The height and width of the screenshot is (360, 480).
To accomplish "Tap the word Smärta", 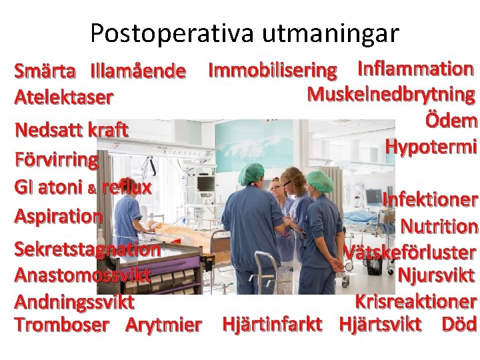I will tap(45, 70).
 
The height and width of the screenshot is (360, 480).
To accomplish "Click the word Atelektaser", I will tap(63, 97).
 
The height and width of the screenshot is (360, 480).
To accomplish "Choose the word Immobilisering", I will tap(273, 69).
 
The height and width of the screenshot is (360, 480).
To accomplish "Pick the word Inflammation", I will tap(416, 68).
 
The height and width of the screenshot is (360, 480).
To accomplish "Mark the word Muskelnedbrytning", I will tap(391, 95).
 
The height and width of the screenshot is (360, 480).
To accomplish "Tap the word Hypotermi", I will tap(431, 147).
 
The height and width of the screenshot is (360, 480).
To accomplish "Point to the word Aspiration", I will tap(59, 216).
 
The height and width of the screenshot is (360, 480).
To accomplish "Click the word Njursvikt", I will tap(436, 275).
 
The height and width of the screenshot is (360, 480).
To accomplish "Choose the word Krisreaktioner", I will tap(415, 301).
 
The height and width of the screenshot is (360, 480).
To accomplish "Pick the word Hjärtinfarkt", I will tap(272, 325).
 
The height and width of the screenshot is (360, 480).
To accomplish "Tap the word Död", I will tap(459, 325).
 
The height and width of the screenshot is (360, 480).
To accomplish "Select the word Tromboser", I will tap(61, 325).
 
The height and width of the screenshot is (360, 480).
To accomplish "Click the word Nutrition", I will tap(439, 227).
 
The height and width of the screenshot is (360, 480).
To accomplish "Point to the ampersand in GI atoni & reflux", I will tap(93, 189).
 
